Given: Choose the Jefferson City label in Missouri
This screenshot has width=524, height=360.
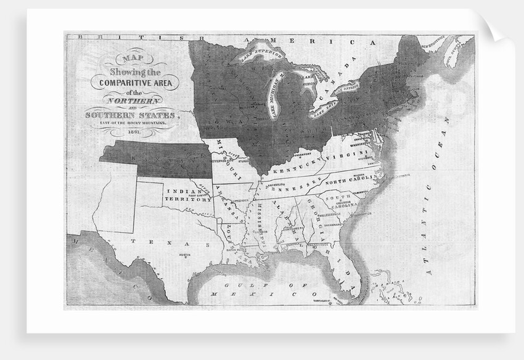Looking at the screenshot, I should (x=224, y=158).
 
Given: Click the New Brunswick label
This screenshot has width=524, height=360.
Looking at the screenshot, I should (x=432, y=44).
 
